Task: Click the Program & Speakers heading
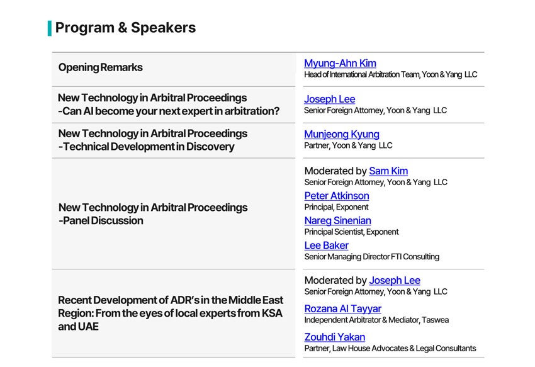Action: coord(125,28)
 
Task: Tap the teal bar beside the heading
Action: coord(50,28)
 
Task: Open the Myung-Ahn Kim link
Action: coord(340,64)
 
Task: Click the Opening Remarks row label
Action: coord(100,67)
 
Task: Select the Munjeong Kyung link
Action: coord(342,135)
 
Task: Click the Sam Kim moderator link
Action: coord(388,171)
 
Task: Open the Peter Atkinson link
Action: coord(337,196)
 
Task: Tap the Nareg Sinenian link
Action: coord(338,220)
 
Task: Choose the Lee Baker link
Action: coord(327,246)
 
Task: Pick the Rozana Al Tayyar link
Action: coord(343,308)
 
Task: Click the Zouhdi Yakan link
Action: coord(335,337)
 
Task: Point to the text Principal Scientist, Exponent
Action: coord(351,232)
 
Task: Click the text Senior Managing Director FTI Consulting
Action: coord(371,257)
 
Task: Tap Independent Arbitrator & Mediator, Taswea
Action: coord(376,320)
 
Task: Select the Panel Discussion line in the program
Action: coord(101,220)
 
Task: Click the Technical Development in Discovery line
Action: coord(147,147)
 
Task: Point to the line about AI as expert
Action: coord(169,111)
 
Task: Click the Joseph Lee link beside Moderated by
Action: coord(395,280)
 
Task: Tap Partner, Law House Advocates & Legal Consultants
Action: coord(390,349)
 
